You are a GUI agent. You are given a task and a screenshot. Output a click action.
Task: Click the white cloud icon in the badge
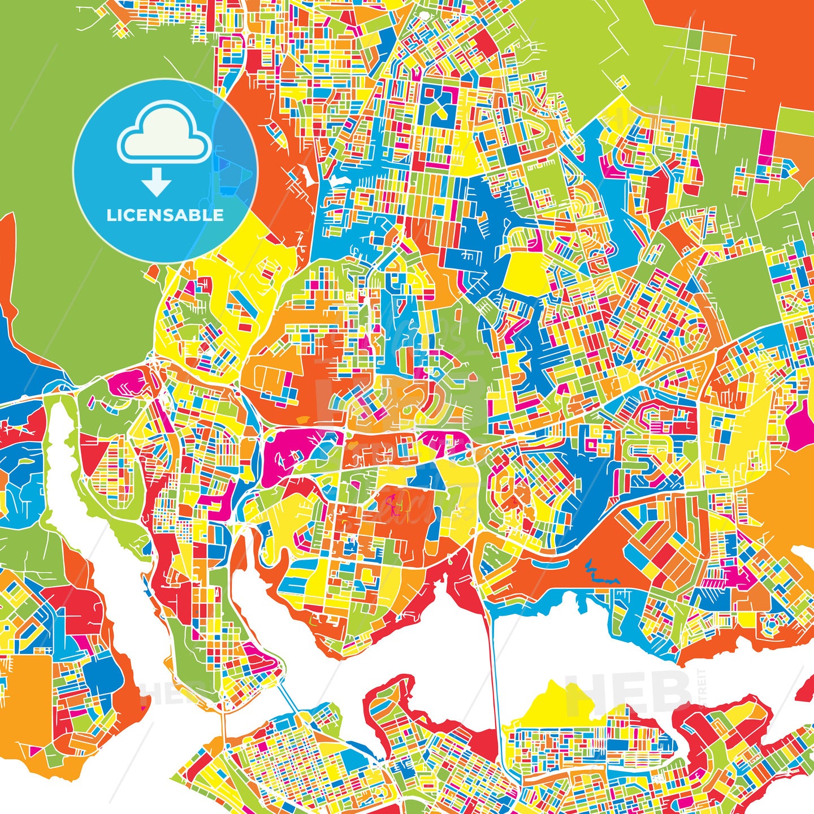click(x=164, y=132)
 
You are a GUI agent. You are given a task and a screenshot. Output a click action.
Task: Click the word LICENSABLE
click(x=165, y=215)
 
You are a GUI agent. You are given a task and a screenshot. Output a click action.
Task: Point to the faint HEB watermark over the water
click(x=627, y=690)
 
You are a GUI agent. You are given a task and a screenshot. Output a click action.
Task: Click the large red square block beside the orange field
click(x=707, y=102)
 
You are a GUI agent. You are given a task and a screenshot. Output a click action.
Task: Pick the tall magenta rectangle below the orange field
click(x=767, y=144)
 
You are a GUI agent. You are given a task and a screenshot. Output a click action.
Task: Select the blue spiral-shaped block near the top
click(x=438, y=107)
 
